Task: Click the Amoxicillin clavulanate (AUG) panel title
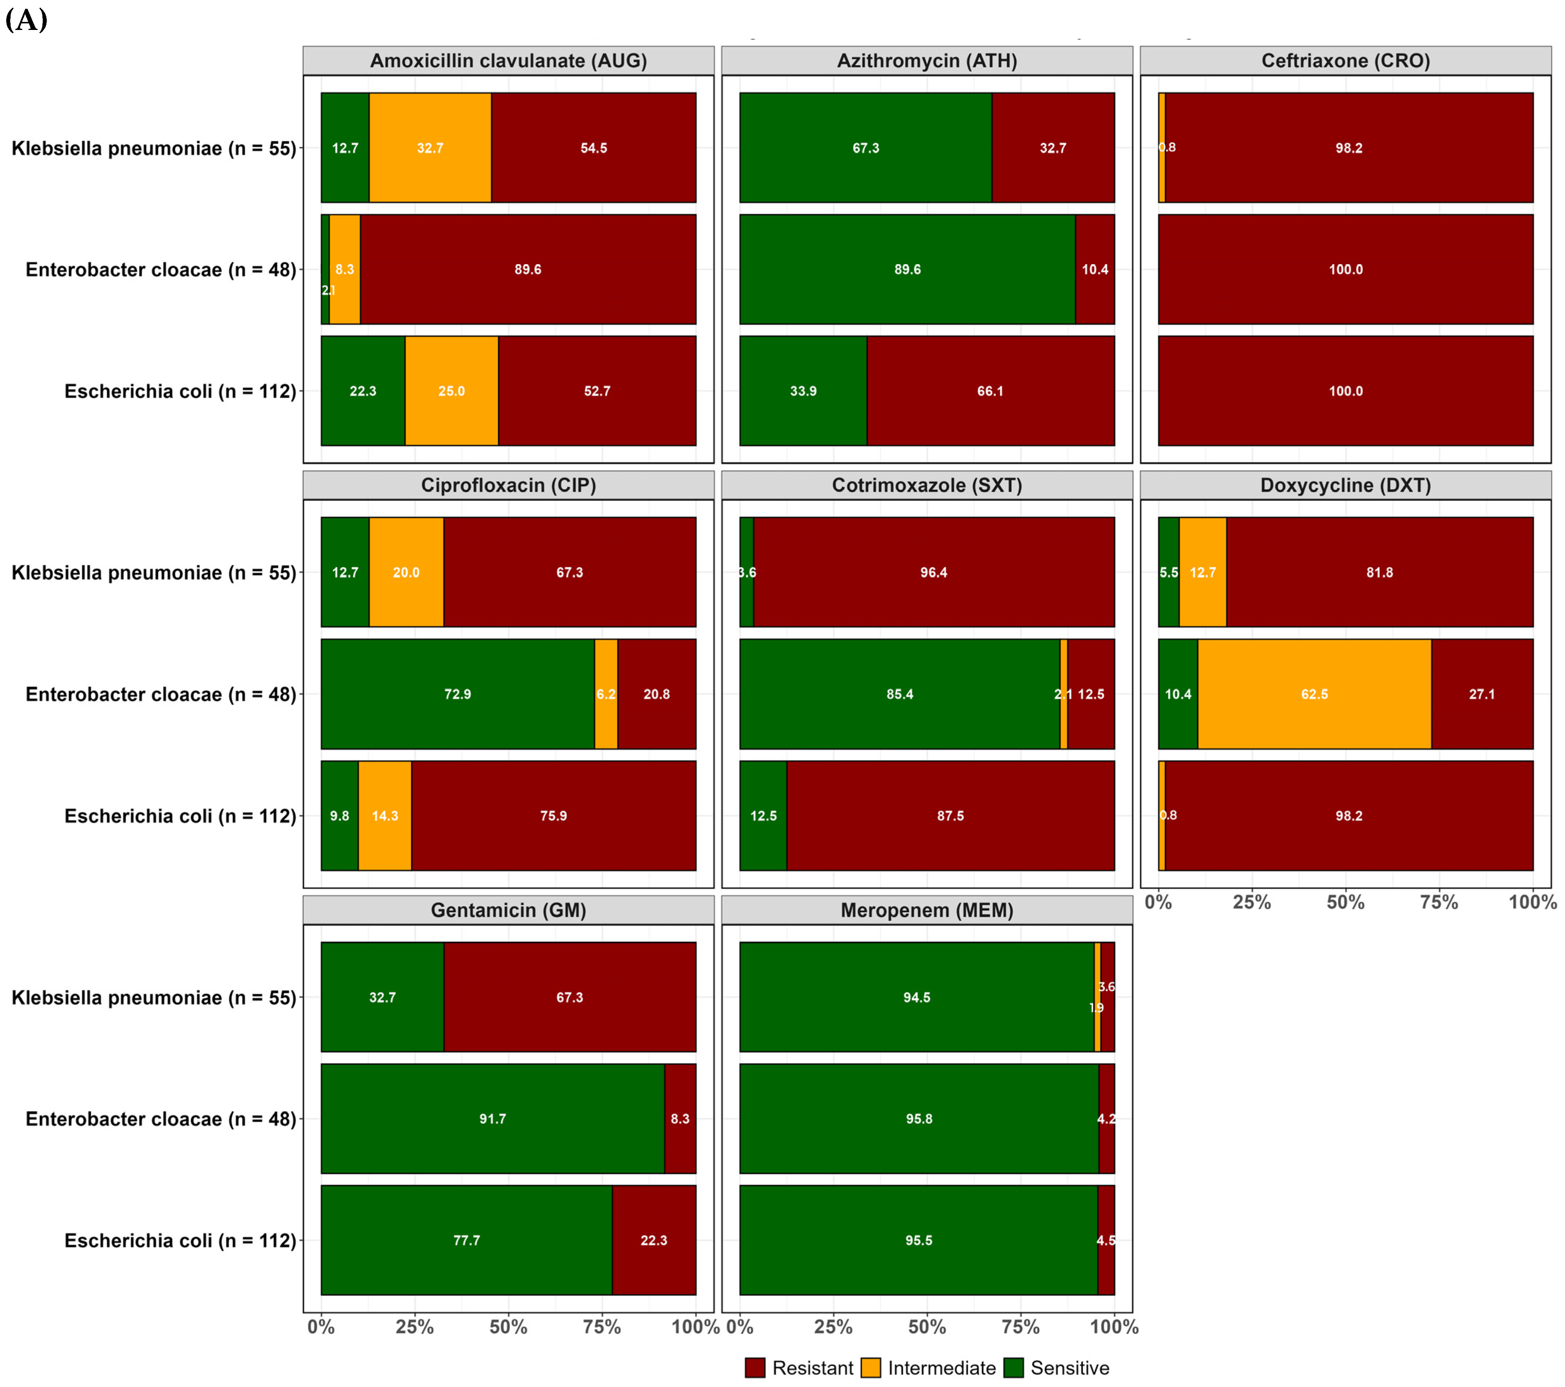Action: (509, 61)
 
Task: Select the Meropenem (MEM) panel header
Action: (926, 910)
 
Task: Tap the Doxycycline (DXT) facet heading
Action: (1345, 485)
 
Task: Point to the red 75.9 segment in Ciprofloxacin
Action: (553, 816)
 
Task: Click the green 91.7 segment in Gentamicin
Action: (492, 1119)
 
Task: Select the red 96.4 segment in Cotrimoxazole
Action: (933, 572)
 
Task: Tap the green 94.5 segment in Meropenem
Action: (917, 997)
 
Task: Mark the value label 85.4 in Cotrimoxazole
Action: (900, 694)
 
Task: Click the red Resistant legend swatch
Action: (755, 1368)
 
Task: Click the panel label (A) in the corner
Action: (27, 20)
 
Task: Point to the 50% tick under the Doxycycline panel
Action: (1345, 903)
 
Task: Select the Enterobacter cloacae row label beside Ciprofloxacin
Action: (161, 694)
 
